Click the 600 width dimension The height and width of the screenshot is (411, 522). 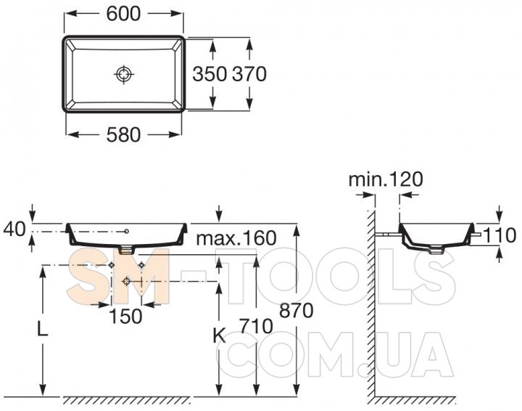(123, 14)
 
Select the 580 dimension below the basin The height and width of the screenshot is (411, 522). (123, 135)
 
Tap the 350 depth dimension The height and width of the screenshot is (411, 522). (210, 73)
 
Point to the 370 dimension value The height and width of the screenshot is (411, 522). (249, 73)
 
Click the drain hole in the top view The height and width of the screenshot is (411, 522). (124, 74)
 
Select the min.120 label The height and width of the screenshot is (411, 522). (386, 179)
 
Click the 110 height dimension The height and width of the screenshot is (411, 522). (500, 235)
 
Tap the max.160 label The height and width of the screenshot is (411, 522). (236, 238)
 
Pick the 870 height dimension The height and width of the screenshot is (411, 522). (297, 310)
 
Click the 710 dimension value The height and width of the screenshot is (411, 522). (256, 326)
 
